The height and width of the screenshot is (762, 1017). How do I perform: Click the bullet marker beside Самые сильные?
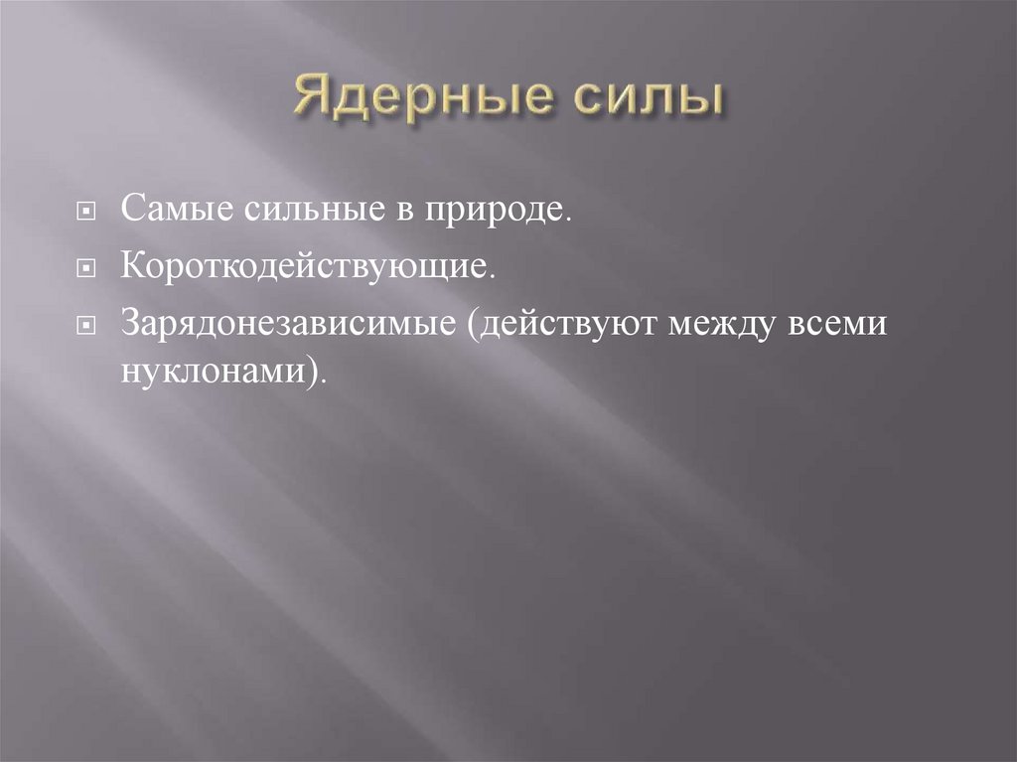88,213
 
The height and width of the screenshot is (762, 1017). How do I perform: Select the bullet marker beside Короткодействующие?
88,269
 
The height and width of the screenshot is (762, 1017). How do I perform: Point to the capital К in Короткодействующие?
132,267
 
